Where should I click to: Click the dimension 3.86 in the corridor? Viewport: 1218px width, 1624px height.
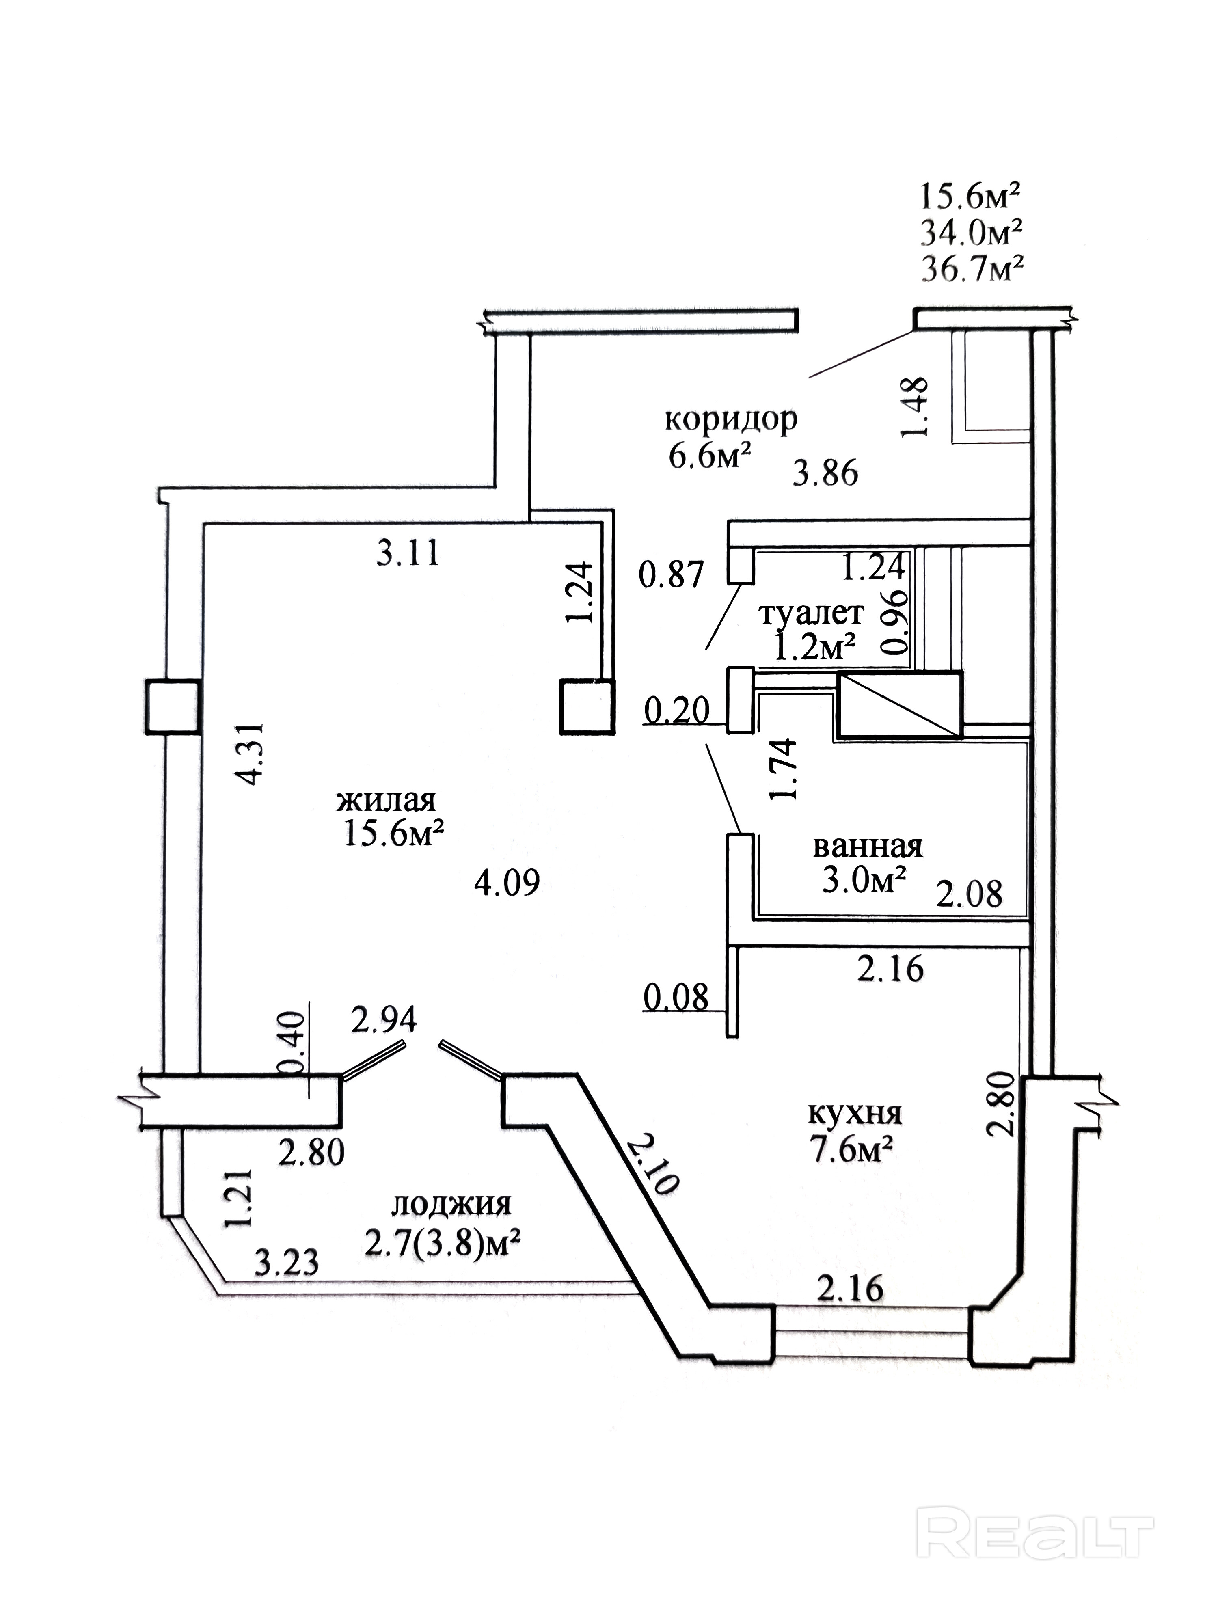[825, 473]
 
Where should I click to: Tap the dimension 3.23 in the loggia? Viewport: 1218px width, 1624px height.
[287, 1262]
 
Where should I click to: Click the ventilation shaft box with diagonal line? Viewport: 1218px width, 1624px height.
[899, 705]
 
